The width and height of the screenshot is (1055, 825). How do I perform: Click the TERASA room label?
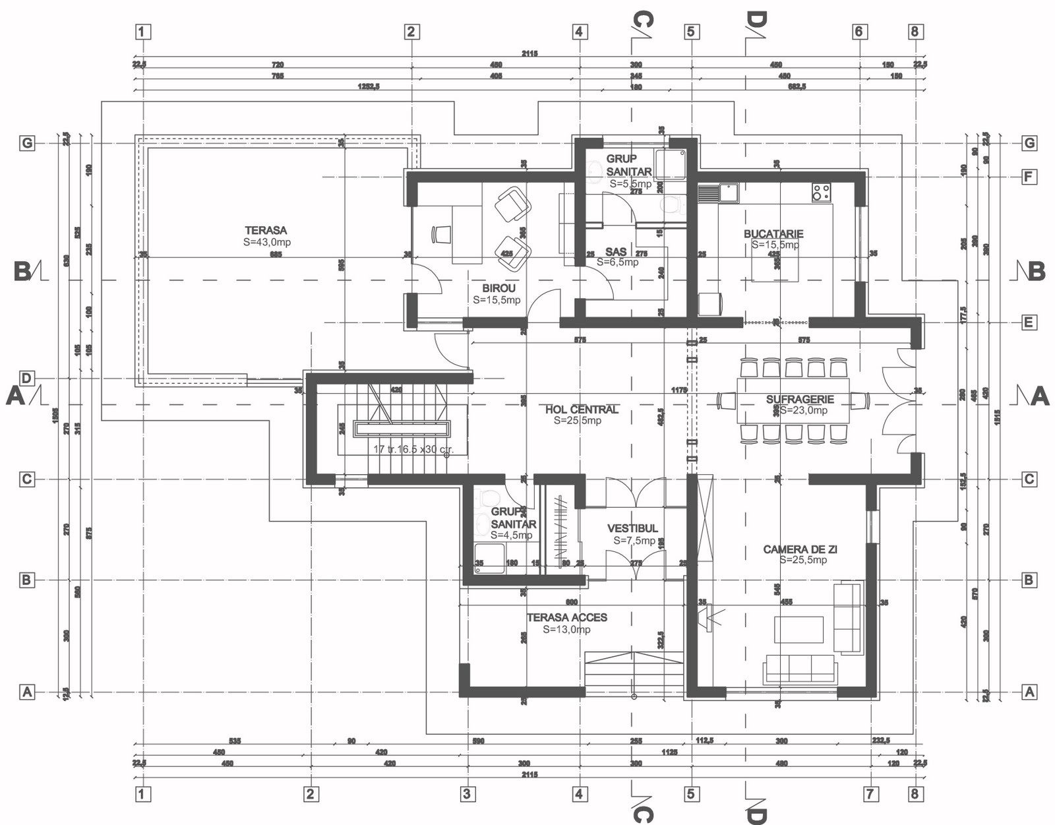tap(266, 230)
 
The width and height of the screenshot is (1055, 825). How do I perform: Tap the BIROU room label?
tap(498, 288)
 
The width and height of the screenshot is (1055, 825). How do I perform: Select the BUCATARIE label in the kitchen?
tap(773, 233)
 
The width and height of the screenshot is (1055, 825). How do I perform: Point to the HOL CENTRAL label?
tap(582, 410)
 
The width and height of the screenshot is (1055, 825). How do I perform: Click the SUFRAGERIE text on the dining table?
tap(800, 399)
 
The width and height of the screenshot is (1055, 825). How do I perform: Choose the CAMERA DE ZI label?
tap(800, 549)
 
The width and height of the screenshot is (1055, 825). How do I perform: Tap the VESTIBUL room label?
tap(632, 528)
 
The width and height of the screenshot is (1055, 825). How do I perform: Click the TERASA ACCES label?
tap(567, 617)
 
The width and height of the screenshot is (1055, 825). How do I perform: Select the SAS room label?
tap(616, 251)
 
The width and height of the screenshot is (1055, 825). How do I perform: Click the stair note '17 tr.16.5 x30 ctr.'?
tap(413, 449)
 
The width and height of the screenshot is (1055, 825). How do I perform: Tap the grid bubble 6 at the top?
tap(858, 31)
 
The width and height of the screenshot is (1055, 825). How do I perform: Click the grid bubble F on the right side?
tap(1029, 177)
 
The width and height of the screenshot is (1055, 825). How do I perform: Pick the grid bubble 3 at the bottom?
tap(467, 793)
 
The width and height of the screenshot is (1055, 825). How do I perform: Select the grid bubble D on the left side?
tap(26, 378)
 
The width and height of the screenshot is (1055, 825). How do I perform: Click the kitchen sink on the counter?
tap(728, 193)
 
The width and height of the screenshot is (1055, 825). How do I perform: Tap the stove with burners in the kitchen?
tap(821, 192)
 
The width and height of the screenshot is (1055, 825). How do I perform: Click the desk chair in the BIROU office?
tap(442, 235)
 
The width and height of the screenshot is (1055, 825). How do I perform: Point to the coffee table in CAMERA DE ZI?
tap(799, 629)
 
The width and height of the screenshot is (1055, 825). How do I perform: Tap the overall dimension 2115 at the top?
tap(529, 53)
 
